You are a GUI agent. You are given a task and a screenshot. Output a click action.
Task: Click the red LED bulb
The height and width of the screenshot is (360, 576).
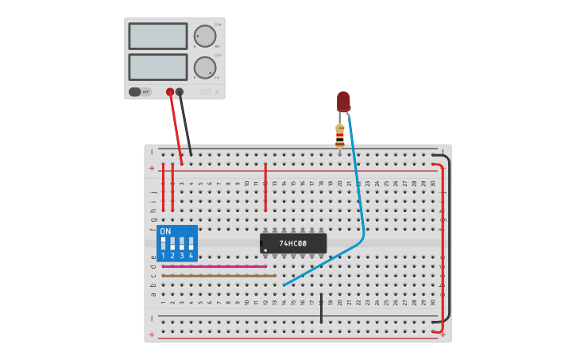[343, 101]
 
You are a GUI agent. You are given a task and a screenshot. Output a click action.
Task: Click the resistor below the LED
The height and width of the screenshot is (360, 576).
[340, 136]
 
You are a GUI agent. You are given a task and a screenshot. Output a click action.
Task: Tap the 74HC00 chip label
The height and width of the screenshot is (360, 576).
[292, 242]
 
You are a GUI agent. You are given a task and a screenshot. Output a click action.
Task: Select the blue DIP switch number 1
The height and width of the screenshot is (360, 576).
[163, 244]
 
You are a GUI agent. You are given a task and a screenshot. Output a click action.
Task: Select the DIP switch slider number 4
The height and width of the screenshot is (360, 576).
[191, 244]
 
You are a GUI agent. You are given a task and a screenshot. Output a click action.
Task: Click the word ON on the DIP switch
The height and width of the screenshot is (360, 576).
[165, 231]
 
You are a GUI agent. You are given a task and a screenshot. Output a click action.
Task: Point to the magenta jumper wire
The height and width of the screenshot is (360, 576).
[215, 266]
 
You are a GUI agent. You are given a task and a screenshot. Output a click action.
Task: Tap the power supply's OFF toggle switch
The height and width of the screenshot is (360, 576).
[140, 91]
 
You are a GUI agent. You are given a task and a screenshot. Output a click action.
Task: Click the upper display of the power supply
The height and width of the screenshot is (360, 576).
[157, 36]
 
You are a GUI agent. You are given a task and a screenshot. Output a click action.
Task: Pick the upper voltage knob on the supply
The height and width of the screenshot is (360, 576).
[205, 36]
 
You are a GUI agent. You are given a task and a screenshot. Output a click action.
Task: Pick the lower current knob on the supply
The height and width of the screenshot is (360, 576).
[205, 67]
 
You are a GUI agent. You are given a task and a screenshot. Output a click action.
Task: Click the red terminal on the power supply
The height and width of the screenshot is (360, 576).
[170, 92]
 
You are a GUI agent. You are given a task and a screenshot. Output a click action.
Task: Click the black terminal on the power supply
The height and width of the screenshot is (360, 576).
[180, 92]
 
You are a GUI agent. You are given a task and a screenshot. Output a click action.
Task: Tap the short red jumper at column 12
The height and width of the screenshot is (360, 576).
[265, 188]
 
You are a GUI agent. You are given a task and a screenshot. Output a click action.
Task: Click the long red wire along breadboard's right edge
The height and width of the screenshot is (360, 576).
[443, 254]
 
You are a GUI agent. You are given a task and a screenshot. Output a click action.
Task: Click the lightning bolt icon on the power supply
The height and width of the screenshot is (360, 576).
[217, 92]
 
